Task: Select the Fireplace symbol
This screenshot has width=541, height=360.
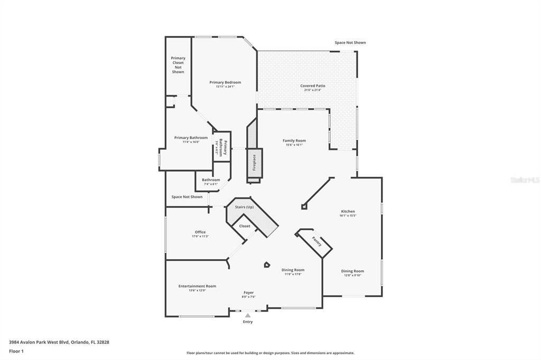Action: pyautogui.click(x=254, y=163)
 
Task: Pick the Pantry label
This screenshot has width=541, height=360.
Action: pyautogui.click(x=316, y=241)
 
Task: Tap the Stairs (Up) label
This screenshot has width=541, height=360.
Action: pyautogui.click(x=244, y=207)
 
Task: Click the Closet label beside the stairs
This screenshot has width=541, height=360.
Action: pyautogui.click(x=245, y=226)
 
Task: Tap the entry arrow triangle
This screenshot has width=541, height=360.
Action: pyautogui.click(x=248, y=316)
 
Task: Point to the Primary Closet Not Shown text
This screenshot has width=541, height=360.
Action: pyautogui.click(x=178, y=65)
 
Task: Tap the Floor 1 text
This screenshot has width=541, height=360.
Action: pyautogui.click(x=16, y=350)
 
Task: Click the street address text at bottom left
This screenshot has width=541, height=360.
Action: pyautogui.click(x=59, y=342)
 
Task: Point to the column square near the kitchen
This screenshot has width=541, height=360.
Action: pyautogui.click(x=304, y=207)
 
